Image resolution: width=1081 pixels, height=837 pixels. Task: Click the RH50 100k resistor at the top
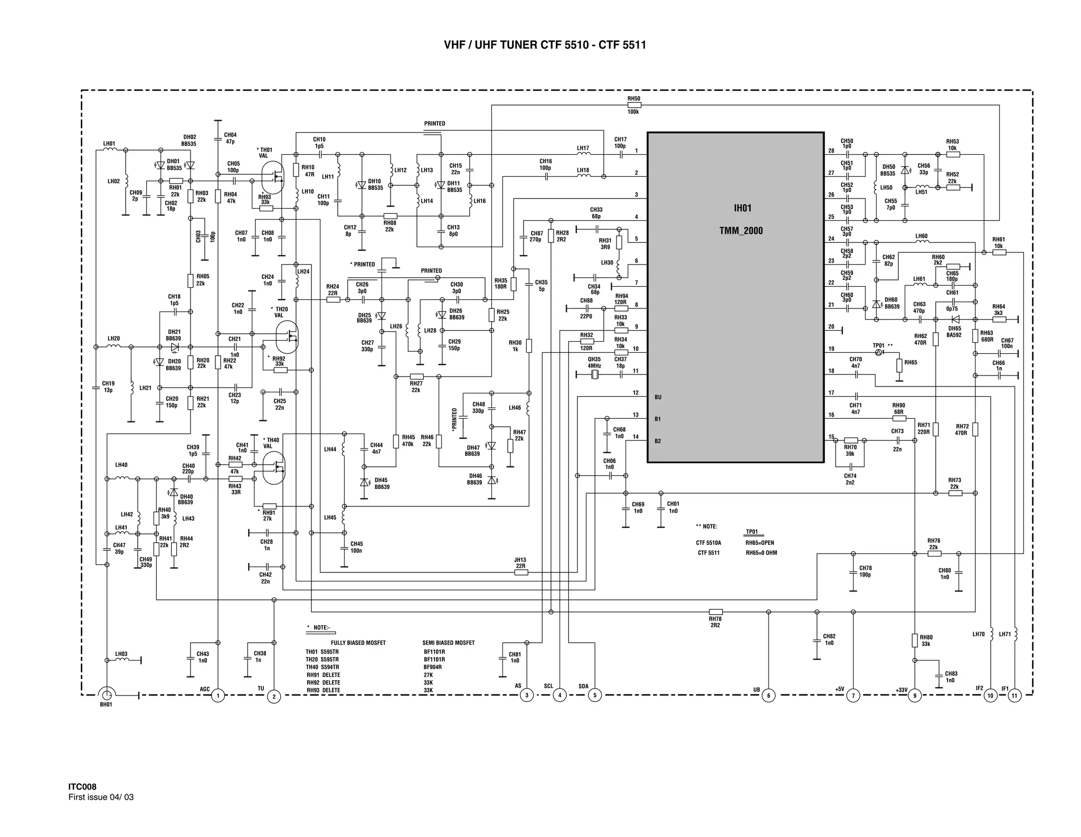(634, 105)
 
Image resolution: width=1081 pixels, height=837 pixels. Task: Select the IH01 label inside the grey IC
(742, 208)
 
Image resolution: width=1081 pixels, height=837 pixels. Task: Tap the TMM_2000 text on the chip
(741, 231)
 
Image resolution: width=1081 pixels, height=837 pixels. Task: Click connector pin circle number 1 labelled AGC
(218, 695)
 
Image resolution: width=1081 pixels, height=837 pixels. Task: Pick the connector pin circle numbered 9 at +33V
(915, 695)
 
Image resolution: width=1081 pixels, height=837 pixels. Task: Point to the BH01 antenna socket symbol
(107, 694)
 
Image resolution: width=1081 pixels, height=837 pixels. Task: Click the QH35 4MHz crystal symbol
(594, 374)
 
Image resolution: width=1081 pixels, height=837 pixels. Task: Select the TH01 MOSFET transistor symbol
(273, 177)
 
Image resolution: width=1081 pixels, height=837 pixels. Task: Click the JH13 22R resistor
(521, 572)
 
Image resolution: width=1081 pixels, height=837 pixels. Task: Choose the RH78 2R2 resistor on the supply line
(715, 612)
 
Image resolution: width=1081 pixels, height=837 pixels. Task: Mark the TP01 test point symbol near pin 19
(879, 352)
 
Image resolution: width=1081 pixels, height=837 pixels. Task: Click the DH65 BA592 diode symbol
(955, 319)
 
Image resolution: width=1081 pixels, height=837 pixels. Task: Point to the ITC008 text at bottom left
(82, 787)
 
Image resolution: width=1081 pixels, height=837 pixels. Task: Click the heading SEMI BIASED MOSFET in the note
(448, 643)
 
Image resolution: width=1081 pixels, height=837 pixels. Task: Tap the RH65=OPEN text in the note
(760, 543)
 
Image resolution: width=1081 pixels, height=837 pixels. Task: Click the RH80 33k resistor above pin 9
(915, 641)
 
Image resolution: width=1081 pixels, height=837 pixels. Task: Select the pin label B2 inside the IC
(658, 441)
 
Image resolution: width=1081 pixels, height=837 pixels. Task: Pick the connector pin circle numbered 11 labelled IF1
(1014, 695)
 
